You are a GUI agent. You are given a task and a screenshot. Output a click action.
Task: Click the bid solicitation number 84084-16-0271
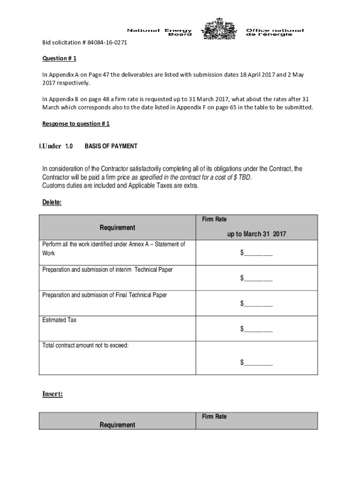point(107,43)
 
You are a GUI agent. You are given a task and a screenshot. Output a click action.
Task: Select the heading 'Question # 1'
point(59,59)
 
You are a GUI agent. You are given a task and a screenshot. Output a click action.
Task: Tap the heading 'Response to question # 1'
point(76,124)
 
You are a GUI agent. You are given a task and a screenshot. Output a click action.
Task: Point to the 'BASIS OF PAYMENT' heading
point(111,146)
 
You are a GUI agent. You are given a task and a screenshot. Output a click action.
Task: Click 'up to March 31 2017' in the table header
point(257,234)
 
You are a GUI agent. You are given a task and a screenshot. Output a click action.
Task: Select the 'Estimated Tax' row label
point(59,320)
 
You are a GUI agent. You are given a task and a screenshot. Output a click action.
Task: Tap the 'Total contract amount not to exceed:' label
point(85,345)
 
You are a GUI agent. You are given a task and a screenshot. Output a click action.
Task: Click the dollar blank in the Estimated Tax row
point(256,329)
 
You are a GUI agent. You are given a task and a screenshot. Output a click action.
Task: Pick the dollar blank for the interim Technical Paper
point(256,278)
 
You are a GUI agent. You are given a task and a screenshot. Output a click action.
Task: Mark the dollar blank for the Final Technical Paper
point(256,304)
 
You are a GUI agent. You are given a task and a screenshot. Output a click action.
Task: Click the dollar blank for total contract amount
point(256,362)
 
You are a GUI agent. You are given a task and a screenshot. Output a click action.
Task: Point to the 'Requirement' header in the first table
point(117,227)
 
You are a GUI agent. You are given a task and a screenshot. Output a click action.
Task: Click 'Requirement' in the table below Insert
point(117,425)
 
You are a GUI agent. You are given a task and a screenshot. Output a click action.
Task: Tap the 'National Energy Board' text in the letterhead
point(159,32)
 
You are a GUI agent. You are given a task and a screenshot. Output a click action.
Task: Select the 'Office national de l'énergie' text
point(275,32)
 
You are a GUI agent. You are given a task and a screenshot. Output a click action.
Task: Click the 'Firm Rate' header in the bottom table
point(214,416)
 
